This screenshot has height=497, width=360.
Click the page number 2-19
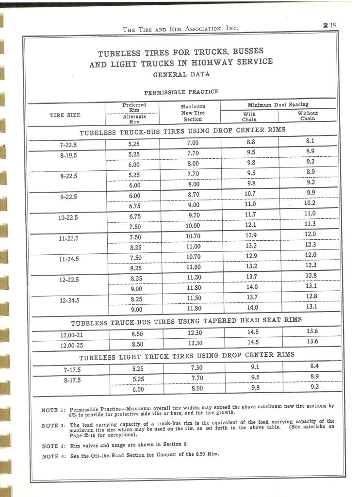click(329, 27)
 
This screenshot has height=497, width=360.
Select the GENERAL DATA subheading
click(181, 75)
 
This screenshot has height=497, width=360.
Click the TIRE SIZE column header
click(65, 115)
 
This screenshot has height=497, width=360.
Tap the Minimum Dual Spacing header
click(278, 104)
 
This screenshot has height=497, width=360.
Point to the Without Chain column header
click(307, 116)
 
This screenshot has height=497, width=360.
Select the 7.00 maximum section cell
click(192, 143)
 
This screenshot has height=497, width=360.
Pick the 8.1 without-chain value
click(311, 141)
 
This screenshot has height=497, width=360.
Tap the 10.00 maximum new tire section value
click(192, 226)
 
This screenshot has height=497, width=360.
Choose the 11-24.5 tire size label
click(68, 259)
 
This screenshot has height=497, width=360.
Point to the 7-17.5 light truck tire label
click(71, 370)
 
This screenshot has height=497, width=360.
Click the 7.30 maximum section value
click(194, 367)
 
